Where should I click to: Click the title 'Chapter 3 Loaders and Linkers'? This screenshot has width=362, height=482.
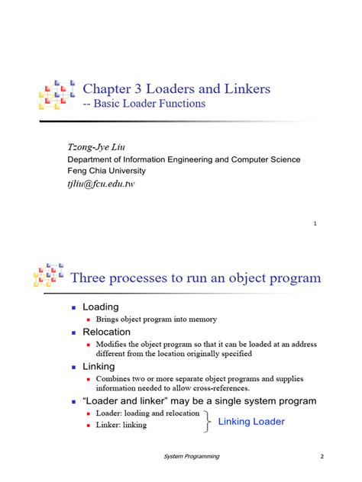(176, 89)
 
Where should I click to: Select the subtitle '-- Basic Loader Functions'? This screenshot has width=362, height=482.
(144, 104)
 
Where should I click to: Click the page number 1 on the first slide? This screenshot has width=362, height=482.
(315, 223)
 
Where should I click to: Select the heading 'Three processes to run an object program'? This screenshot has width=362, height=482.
(196, 278)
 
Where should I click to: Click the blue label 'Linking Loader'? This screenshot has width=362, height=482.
(251, 421)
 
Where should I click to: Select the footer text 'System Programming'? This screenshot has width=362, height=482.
(192, 456)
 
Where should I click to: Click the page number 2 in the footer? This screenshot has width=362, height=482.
(322, 456)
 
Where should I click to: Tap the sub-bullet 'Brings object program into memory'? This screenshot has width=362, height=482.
(157, 320)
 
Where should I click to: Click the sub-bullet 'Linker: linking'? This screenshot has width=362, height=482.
(121, 425)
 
